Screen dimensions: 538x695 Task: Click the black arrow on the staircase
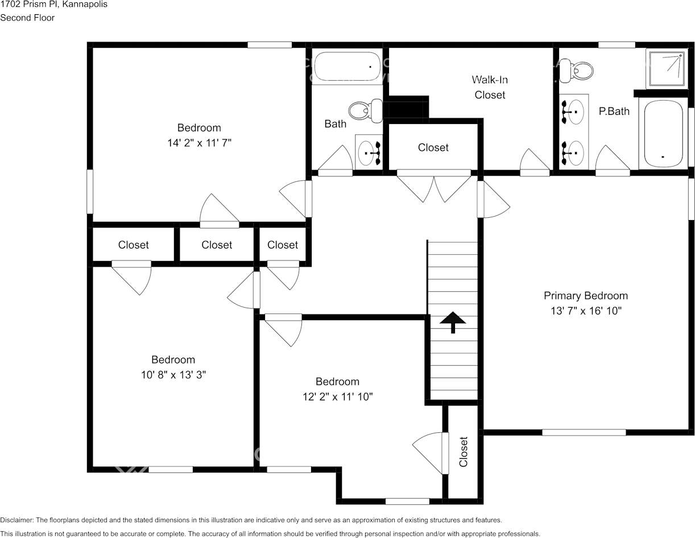tap(453, 322)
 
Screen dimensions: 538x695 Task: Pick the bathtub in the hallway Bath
tap(347, 68)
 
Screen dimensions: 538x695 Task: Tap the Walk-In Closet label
tap(490, 87)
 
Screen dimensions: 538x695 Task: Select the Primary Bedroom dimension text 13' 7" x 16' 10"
tap(586, 311)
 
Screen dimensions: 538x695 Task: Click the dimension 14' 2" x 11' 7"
tap(199, 143)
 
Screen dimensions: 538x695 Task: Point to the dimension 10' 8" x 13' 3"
tap(173, 375)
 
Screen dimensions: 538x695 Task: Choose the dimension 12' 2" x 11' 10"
tap(337, 397)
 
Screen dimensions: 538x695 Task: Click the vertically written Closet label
tap(464, 452)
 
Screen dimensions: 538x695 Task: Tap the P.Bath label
tap(614, 111)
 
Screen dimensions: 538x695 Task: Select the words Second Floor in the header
tap(27, 18)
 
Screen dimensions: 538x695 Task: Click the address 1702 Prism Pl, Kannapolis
tap(53, 5)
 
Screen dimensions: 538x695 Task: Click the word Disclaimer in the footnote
tap(16, 520)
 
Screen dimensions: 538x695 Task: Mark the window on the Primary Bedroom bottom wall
tap(584, 432)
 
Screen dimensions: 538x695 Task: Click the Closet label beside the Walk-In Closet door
tap(433, 147)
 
